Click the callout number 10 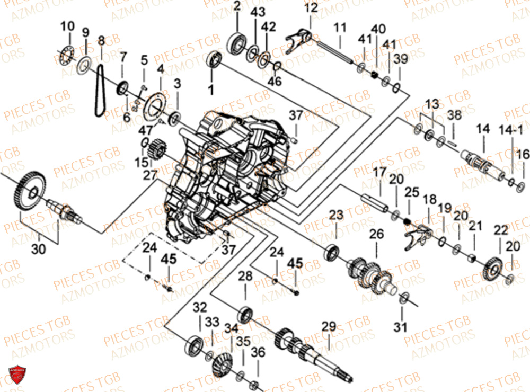(x=67, y=26)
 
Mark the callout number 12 (x=311, y=8)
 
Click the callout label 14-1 (x=513, y=129)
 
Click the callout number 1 (x=211, y=90)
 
